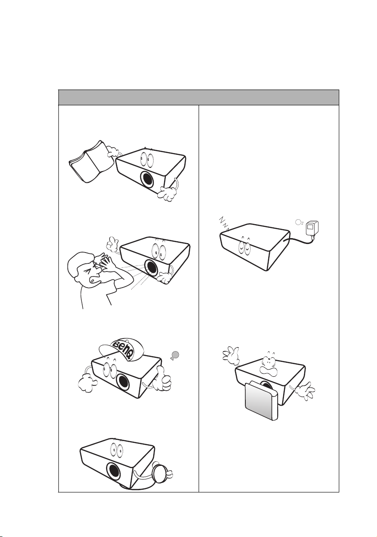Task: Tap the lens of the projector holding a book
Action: pos(147,179)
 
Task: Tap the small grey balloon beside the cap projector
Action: pos(175,356)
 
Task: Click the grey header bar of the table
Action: pos(199,97)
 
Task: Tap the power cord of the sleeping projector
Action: pos(301,240)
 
